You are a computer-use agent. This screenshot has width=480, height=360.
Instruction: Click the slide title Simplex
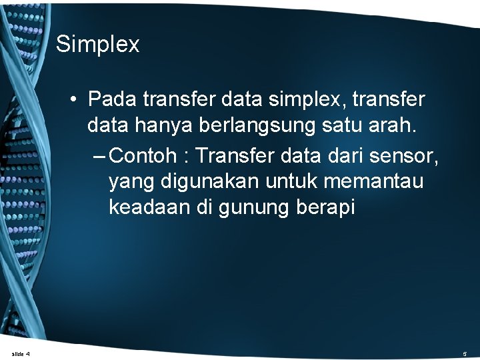pyautogui.click(x=97, y=45)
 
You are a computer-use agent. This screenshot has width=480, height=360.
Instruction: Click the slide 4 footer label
pyautogui.click(x=21, y=353)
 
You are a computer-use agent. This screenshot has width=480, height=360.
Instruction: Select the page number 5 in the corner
pyautogui.click(x=465, y=353)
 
